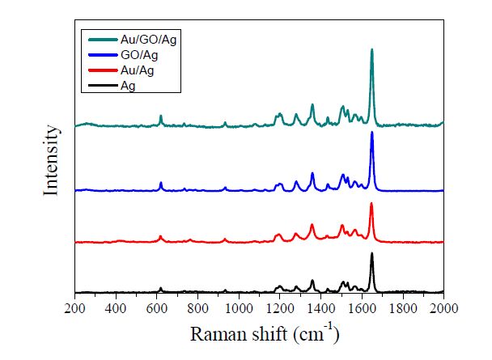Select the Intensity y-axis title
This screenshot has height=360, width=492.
[52, 159]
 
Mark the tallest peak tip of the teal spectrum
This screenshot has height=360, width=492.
[372, 49]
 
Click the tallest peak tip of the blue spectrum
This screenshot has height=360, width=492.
[372, 132]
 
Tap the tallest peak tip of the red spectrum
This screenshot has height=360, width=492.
[371, 204]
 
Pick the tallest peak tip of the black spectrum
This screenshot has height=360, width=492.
[372, 254]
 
